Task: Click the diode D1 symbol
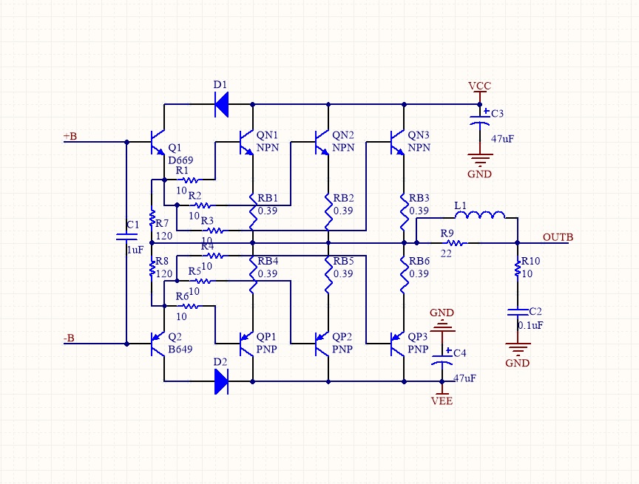221,104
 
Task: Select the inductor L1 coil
479,216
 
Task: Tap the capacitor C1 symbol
126,237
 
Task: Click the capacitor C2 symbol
517,313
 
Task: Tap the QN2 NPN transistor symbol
322,141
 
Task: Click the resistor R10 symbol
517,270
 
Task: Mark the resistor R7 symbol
152,220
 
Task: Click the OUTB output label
558,237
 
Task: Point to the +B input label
70,136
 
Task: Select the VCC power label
479,86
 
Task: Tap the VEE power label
442,401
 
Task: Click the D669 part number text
181,160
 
